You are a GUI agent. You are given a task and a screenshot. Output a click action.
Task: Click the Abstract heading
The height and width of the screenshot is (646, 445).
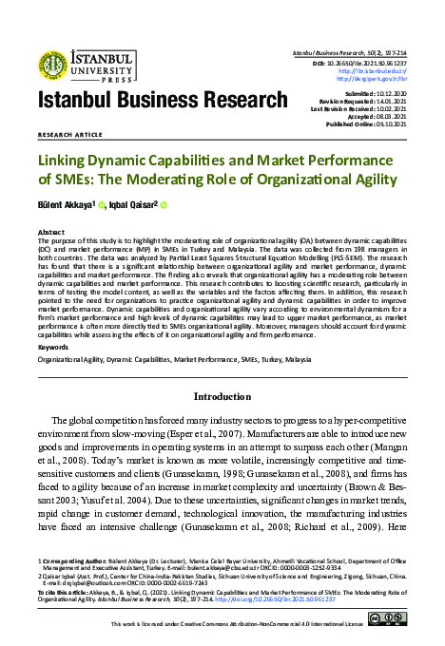coord(51,231)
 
